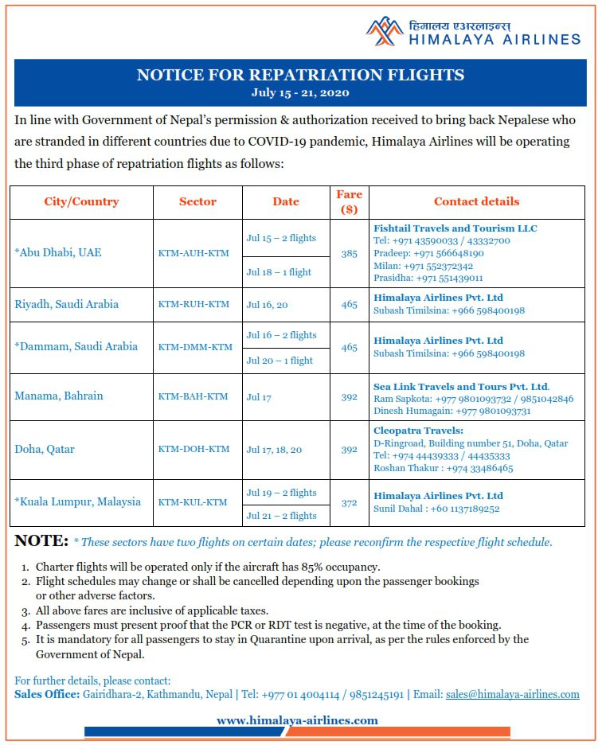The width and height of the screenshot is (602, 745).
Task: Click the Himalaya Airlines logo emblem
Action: click(x=385, y=31)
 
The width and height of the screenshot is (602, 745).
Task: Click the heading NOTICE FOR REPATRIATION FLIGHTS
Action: click(x=300, y=76)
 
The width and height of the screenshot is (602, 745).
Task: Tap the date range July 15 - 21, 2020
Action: click(x=300, y=92)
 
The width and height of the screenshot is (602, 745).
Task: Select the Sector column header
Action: click(x=197, y=202)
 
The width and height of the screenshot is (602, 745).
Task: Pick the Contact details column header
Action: click(x=476, y=202)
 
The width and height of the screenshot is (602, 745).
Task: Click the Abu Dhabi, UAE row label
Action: click(x=58, y=253)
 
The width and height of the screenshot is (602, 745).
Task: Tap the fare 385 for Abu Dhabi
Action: click(x=349, y=253)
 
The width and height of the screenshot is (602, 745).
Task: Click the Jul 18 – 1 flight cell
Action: click(x=279, y=272)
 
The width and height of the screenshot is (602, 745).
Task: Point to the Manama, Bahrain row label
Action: click(x=59, y=396)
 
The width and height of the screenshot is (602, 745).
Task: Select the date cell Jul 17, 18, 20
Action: click(x=274, y=450)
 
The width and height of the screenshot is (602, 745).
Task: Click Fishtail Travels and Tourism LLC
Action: click(x=455, y=228)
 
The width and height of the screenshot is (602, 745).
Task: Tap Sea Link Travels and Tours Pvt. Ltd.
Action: click(x=462, y=387)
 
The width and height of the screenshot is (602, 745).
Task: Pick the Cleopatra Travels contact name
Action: click(x=418, y=431)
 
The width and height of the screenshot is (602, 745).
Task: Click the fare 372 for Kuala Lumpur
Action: click(x=349, y=502)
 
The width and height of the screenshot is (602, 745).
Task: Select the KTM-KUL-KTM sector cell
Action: click(x=193, y=502)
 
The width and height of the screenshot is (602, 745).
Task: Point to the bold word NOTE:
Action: click(x=41, y=541)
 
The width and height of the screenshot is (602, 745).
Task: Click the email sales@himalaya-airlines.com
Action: click(x=512, y=694)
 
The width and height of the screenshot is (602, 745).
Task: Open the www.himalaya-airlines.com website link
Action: click(x=297, y=720)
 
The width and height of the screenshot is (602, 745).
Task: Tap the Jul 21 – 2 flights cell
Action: click(x=281, y=516)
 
